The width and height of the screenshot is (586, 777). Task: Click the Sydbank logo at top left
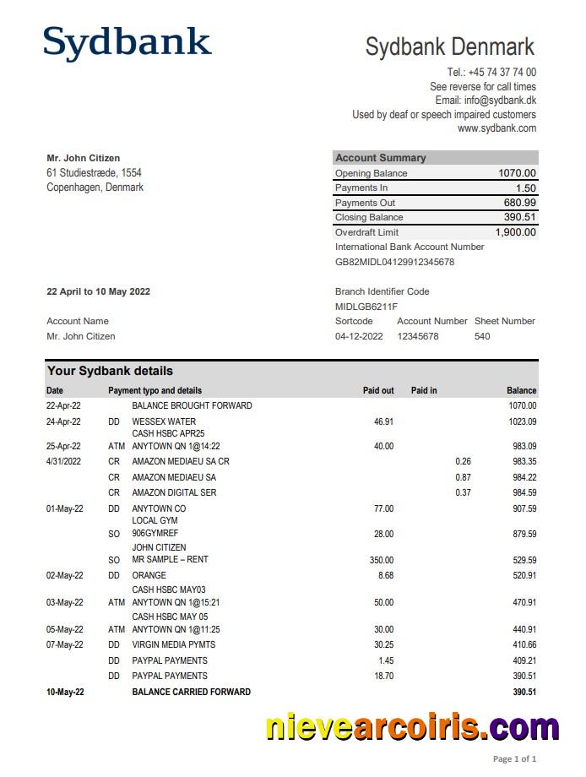tap(127, 44)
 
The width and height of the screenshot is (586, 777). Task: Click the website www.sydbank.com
tap(496, 128)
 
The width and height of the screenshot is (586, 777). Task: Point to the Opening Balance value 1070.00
tap(517, 173)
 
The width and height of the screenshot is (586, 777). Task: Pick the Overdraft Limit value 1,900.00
tap(515, 232)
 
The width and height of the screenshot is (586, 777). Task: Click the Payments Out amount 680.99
tap(519, 203)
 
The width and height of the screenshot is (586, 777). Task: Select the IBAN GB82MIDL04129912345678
tap(394, 262)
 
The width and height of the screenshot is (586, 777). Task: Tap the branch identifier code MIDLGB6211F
tap(366, 307)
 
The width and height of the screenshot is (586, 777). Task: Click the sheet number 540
tap(482, 336)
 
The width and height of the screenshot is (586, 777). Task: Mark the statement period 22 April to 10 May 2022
tap(98, 291)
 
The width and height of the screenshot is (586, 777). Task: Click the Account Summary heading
tap(381, 158)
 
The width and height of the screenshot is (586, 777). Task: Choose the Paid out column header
tap(378, 390)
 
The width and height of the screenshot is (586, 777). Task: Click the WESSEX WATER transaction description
tap(164, 421)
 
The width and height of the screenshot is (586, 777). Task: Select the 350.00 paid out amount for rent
tap(382, 560)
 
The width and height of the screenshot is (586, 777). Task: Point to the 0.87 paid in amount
tap(463, 477)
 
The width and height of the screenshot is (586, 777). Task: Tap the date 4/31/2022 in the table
tap(64, 461)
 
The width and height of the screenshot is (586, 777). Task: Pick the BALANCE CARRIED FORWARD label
tap(191, 692)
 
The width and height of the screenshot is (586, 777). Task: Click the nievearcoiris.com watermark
tap(412, 727)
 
